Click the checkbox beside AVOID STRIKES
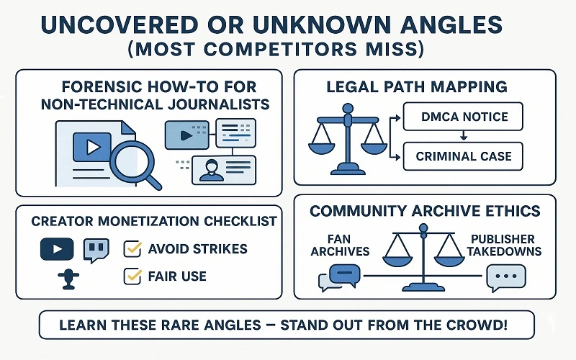click(x=132, y=249)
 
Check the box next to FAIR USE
click(x=132, y=275)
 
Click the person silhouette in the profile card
click(x=211, y=171)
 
